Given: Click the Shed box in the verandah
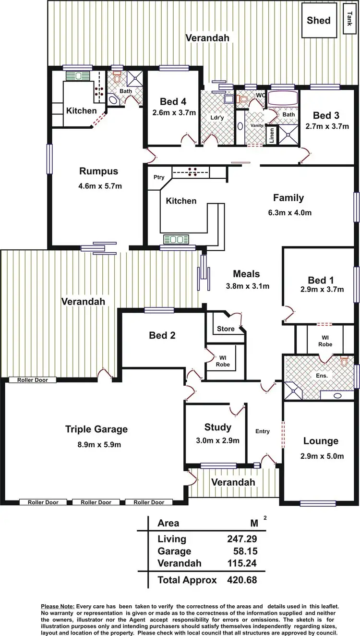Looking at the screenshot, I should pyautogui.click(x=319, y=20).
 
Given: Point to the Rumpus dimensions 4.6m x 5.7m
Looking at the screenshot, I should pyautogui.click(x=99, y=185).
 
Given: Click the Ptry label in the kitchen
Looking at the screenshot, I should pyautogui.click(x=159, y=177).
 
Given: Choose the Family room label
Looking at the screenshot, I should pyautogui.click(x=288, y=197).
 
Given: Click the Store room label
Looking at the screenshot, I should pyautogui.click(x=226, y=329).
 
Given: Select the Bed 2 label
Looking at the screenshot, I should pyautogui.click(x=162, y=335).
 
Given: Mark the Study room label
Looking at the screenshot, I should pyautogui.click(x=217, y=427).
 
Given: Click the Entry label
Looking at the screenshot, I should pyautogui.click(x=263, y=431).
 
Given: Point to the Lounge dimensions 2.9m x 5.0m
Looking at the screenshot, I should pyautogui.click(x=321, y=456).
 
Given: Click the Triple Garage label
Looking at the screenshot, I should pyautogui.click(x=96, y=429).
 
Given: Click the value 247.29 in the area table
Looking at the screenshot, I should pyautogui.click(x=242, y=539).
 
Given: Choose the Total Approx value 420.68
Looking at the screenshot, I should pyautogui.click(x=242, y=580).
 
